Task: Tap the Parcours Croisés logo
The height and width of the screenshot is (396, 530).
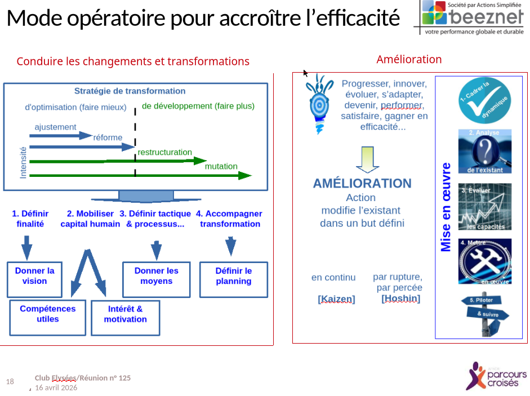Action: click(496, 376)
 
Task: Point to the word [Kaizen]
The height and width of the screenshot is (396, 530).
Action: click(336, 299)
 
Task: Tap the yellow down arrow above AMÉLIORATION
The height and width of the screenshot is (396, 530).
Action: click(367, 159)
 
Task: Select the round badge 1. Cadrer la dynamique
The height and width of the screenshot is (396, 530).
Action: click(484, 101)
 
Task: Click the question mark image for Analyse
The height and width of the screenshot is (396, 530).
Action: click(484, 152)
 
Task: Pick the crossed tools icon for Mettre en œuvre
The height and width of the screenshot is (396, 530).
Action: click(484, 261)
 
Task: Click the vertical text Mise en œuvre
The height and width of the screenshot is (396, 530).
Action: click(446, 207)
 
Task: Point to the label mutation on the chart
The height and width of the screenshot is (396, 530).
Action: click(221, 166)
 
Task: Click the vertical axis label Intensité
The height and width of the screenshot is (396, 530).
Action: click(23, 163)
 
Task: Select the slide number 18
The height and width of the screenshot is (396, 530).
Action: click(10, 382)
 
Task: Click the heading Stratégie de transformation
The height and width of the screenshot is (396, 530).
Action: click(130, 91)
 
